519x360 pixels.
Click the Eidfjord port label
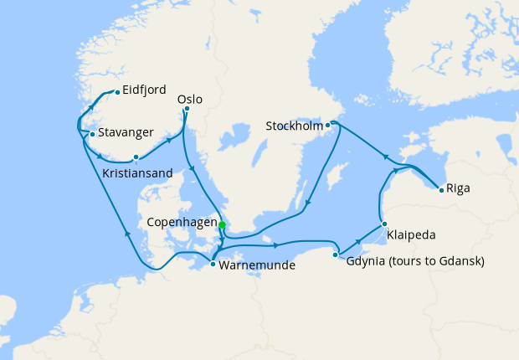coord(144,90)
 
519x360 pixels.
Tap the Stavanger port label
coord(126,132)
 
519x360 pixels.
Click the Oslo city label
coord(190,99)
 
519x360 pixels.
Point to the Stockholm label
coord(294,126)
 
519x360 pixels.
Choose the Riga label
coord(458,188)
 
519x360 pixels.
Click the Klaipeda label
coord(412,235)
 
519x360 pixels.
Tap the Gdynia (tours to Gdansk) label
coord(415,261)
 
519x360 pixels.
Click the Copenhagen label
coord(180,224)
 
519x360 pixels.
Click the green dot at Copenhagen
coord(222,224)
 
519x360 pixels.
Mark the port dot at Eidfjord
coord(116,91)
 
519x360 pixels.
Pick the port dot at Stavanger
coord(92,133)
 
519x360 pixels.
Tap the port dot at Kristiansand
coord(136,157)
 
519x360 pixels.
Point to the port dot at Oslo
coord(187,108)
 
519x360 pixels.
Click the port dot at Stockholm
coord(328,125)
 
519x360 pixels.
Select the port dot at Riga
coord(440,189)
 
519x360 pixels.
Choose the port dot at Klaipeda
coord(383,224)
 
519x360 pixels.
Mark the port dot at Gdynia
coord(336,255)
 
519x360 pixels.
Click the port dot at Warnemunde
coord(213,265)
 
